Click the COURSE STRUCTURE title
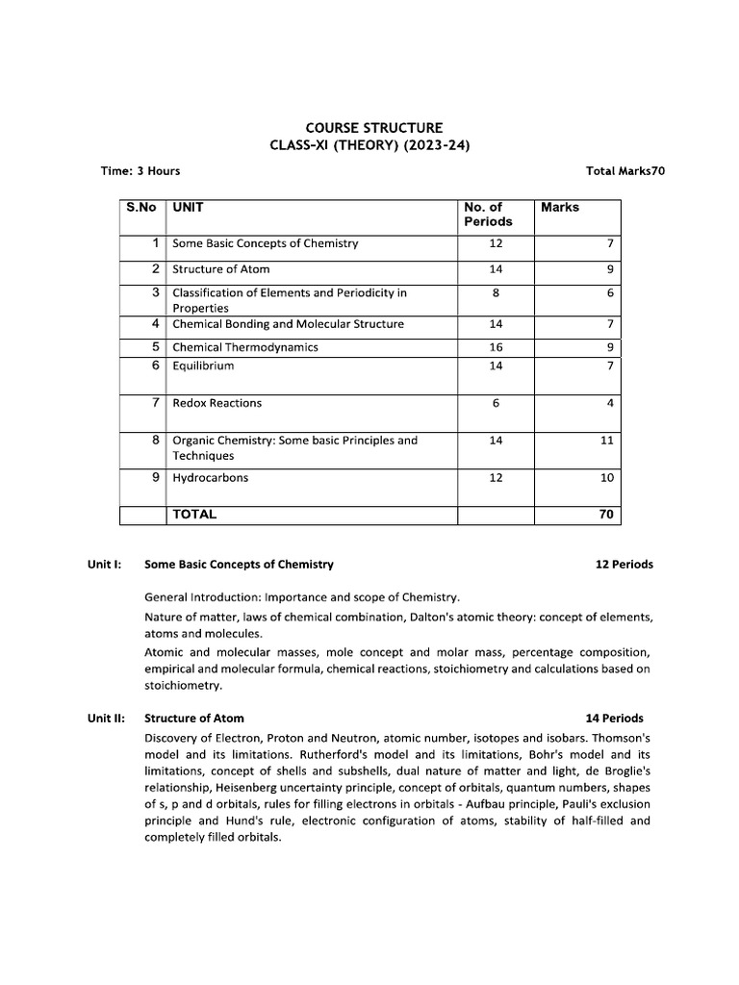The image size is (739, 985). [x=374, y=127]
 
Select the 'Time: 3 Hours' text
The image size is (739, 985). [x=140, y=171]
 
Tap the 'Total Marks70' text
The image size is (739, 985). [x=625, y=171]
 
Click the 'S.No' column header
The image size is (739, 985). [x=140, y=207]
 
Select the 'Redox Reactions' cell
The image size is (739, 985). [x=217, y=403]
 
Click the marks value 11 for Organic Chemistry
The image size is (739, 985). [x=606, y=441]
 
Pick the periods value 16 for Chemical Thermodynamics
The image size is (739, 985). [x=496, y=346]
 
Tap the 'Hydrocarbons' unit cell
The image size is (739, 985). [x=210, y=478]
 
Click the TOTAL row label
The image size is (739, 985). [x=194, y=515]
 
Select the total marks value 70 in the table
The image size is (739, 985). [x=606, y=515]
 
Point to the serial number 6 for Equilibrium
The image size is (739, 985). [x=155, y=366]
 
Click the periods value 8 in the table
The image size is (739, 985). [x=496, y=292]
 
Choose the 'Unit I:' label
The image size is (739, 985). [x=103, y=565]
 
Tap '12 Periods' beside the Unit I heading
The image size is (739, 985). [x=624, y=565]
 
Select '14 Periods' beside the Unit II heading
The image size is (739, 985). [x=614, y=718]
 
